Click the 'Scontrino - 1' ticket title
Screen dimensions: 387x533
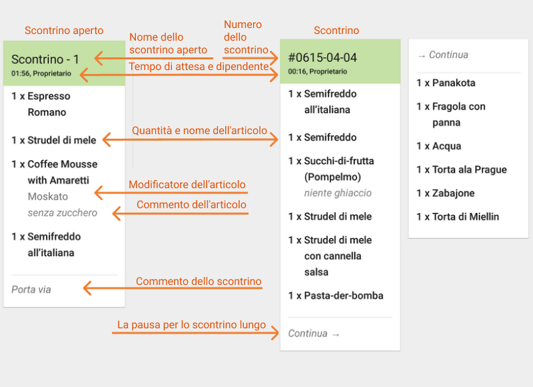[x=45, y=59]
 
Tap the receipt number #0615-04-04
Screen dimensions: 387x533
[x=322, y=57]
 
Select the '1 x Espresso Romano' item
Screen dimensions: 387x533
[x=41, y=104]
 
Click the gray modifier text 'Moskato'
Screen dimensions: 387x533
[x=48, y=197]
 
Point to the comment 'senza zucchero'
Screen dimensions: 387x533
[x=63, y=213]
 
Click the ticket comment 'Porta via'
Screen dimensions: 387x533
[x=31, y=290]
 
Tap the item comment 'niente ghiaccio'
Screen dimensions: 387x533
[x=338, y=193]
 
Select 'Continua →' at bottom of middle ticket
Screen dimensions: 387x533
[x=314, y=333]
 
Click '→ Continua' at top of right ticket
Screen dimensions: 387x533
[x=442, y=55]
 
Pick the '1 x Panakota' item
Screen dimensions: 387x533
[x=446, y=83]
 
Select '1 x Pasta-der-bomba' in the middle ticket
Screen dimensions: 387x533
[x=336, y=296]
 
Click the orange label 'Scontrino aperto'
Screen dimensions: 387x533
[x=64, y=31]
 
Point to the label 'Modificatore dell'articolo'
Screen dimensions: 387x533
[x=187, y=185]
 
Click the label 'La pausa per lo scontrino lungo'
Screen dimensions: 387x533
[x=192, y=325]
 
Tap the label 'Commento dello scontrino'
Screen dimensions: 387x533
[x=199, y=282]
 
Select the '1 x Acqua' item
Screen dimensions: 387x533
[x=438, y=146]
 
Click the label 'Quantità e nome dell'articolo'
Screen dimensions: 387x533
[x=199, y=131]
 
